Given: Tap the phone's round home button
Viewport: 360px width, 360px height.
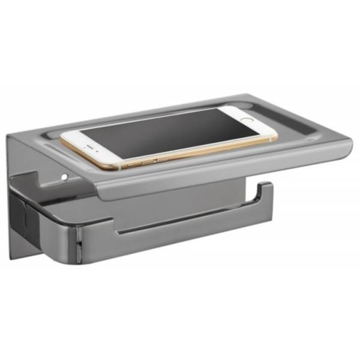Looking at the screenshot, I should pos(247,119).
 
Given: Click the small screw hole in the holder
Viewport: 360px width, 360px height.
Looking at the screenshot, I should pos(62,178).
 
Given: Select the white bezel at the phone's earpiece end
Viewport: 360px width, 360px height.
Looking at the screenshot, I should pos(81,150).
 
